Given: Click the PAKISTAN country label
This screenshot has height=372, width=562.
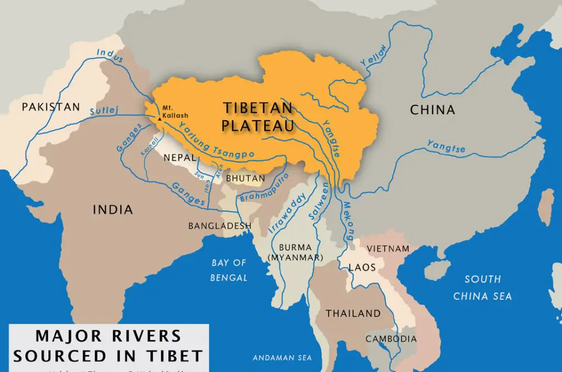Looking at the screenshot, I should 50,107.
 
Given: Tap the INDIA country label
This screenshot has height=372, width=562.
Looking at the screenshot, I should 113,210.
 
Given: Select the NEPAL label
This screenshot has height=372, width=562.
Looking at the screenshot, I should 177,157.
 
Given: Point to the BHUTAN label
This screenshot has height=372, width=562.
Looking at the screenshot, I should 245,179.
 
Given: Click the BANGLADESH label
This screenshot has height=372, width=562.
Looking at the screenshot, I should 220,226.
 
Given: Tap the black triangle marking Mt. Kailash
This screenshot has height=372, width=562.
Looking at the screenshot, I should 159,118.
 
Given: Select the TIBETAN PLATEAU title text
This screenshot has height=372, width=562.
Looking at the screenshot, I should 257,116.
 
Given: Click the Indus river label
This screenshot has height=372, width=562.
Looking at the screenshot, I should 108,53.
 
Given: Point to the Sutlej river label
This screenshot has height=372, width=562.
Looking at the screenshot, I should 104,111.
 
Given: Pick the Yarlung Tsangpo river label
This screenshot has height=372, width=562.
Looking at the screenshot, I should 216,144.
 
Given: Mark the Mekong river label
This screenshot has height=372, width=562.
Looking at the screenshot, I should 349,217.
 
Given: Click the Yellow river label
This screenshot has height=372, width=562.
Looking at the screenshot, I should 374,57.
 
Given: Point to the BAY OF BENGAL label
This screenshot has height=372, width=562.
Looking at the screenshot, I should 229,270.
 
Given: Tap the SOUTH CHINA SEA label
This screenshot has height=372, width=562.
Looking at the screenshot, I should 482,288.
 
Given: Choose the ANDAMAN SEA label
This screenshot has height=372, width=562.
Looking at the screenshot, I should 282,358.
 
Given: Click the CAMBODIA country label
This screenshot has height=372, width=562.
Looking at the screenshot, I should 391,339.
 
